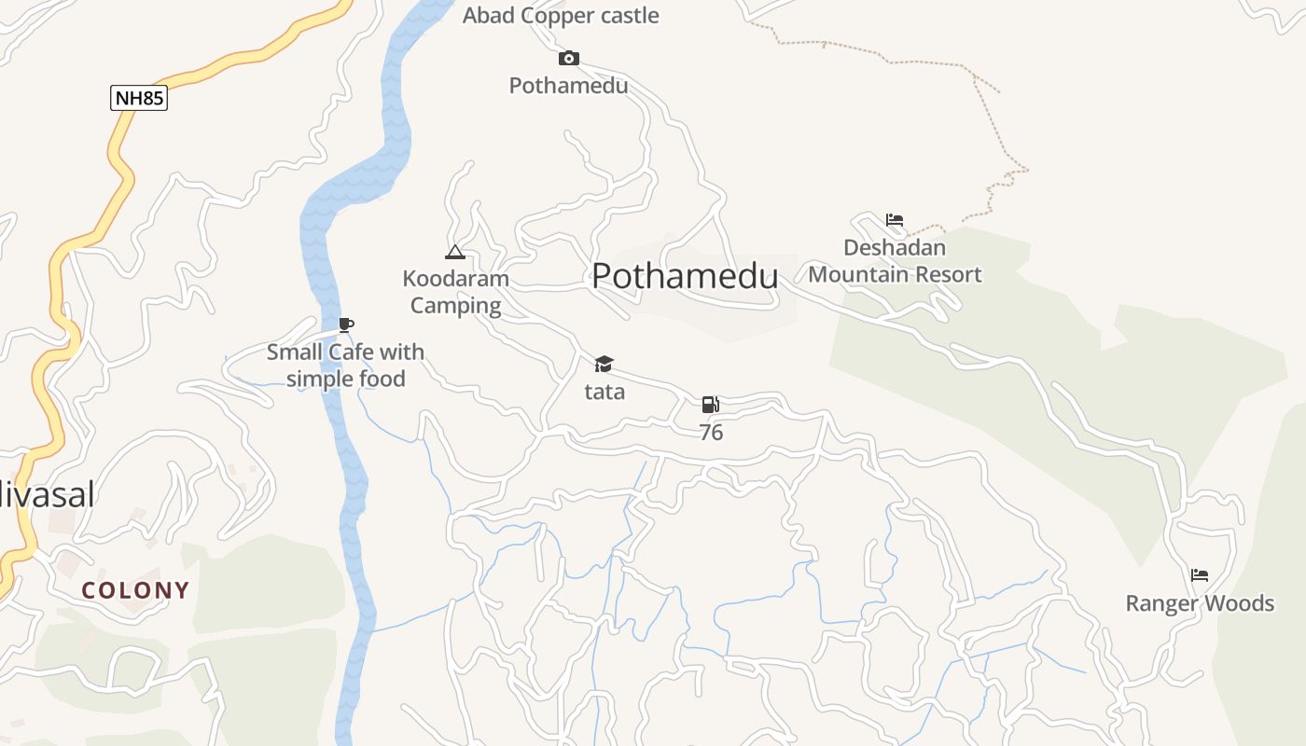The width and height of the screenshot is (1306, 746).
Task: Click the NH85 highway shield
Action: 139,98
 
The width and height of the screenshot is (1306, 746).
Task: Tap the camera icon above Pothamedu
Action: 568,59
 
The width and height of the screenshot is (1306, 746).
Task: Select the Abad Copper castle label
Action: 561,16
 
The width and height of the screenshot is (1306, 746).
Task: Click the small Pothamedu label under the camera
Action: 568,86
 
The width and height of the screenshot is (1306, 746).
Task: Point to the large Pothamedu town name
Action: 685,276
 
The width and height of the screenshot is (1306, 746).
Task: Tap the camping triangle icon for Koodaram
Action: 454,252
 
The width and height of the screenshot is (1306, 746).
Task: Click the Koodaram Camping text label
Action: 455,292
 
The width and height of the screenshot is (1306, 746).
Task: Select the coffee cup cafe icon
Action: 346,325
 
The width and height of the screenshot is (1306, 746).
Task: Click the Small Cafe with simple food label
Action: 345,366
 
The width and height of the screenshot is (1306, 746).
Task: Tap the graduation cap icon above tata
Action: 604,364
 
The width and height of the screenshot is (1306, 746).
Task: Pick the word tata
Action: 604,392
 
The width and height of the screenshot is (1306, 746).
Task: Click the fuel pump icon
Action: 710,405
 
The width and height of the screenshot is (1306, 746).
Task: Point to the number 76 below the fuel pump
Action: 711,433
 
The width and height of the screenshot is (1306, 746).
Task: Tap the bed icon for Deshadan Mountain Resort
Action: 895,220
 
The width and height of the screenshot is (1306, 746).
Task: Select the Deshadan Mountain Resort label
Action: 895,261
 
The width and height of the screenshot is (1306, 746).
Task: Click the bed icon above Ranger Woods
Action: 1200,574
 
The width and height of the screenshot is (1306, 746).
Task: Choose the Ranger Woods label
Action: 1200,603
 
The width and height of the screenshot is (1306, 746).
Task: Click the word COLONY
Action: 135,590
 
